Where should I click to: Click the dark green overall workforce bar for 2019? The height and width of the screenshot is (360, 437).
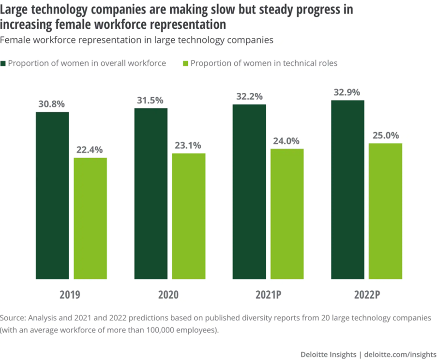coord(52,195)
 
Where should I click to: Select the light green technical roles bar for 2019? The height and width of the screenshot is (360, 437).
coord(90,218)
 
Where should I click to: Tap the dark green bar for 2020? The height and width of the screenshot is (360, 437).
coord(151,194)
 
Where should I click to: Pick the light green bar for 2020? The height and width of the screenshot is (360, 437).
coord(189,216)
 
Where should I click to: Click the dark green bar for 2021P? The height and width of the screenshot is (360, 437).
coord(249,192)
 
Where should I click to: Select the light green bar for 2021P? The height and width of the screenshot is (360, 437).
coord(287,214)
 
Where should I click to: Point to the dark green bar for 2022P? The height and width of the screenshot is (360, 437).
coord(347,190)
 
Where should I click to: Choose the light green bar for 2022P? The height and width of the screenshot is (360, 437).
coord(385,211)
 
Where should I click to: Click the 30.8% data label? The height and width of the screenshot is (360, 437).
coord(52,104)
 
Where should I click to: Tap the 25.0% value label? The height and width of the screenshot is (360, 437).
coord(385,135)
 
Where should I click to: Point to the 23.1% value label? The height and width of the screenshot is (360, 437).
coord(189,146)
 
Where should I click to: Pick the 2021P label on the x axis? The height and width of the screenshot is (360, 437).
coord(268,295)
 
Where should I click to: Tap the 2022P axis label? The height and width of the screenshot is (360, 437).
coord(366,295)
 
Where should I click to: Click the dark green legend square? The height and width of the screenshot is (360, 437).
coord(3,63)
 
